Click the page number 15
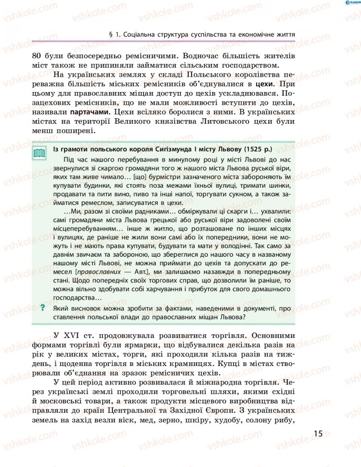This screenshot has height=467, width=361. [x=318, y=434]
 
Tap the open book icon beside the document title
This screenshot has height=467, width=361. [x=40, y=153]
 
